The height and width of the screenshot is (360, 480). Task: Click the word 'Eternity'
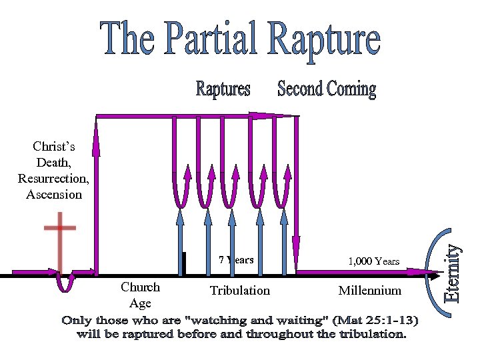point(453,273)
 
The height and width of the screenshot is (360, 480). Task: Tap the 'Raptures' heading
point(223,89)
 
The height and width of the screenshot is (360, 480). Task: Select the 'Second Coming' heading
point(327,89)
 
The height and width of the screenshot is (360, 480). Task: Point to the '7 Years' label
point(236,260)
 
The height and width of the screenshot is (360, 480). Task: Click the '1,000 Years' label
point(374,261)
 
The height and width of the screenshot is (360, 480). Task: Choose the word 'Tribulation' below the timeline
point(240,291)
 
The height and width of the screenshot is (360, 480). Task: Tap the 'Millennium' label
point(370,291)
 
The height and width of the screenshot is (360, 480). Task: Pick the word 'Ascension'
point(54,195)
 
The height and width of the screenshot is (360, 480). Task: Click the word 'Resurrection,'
point(53,179)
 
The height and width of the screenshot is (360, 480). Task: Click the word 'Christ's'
point(53,147)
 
